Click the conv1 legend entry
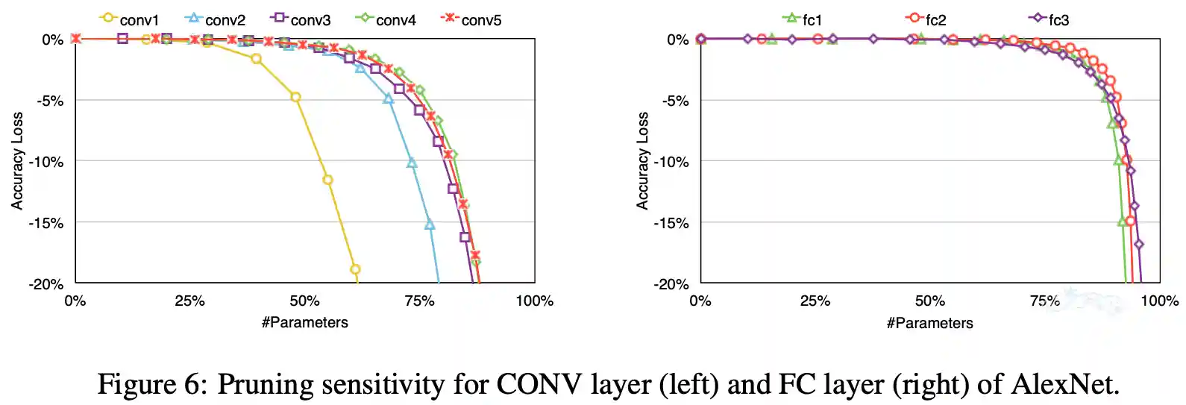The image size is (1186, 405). (x=130, y=19)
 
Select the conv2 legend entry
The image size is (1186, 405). (x=216, y=19)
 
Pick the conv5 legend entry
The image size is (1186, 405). (x=471, y=19)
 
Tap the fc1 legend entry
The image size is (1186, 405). (x=803, y=19)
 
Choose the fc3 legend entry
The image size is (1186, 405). (x=1049, y=19)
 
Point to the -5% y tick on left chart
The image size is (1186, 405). (x=51, y=101)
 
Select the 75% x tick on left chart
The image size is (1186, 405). (x=419, y=301)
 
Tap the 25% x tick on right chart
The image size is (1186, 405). (x=815, y=301)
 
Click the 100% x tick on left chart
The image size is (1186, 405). (x=535, y=301)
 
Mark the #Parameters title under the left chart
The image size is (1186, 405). (x=304, y=323)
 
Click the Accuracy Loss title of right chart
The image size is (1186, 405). (x=642, y=160)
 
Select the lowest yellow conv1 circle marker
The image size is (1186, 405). (x=355, y=269)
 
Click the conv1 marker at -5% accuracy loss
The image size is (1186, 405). (x=295, y=97)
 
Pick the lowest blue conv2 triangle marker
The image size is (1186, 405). (x=430, y=225)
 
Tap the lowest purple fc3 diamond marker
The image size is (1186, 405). (x=1139, y=244)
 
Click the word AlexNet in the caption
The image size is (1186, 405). (x=1064, y=384)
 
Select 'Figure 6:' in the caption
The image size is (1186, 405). (x=152, y=384)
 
